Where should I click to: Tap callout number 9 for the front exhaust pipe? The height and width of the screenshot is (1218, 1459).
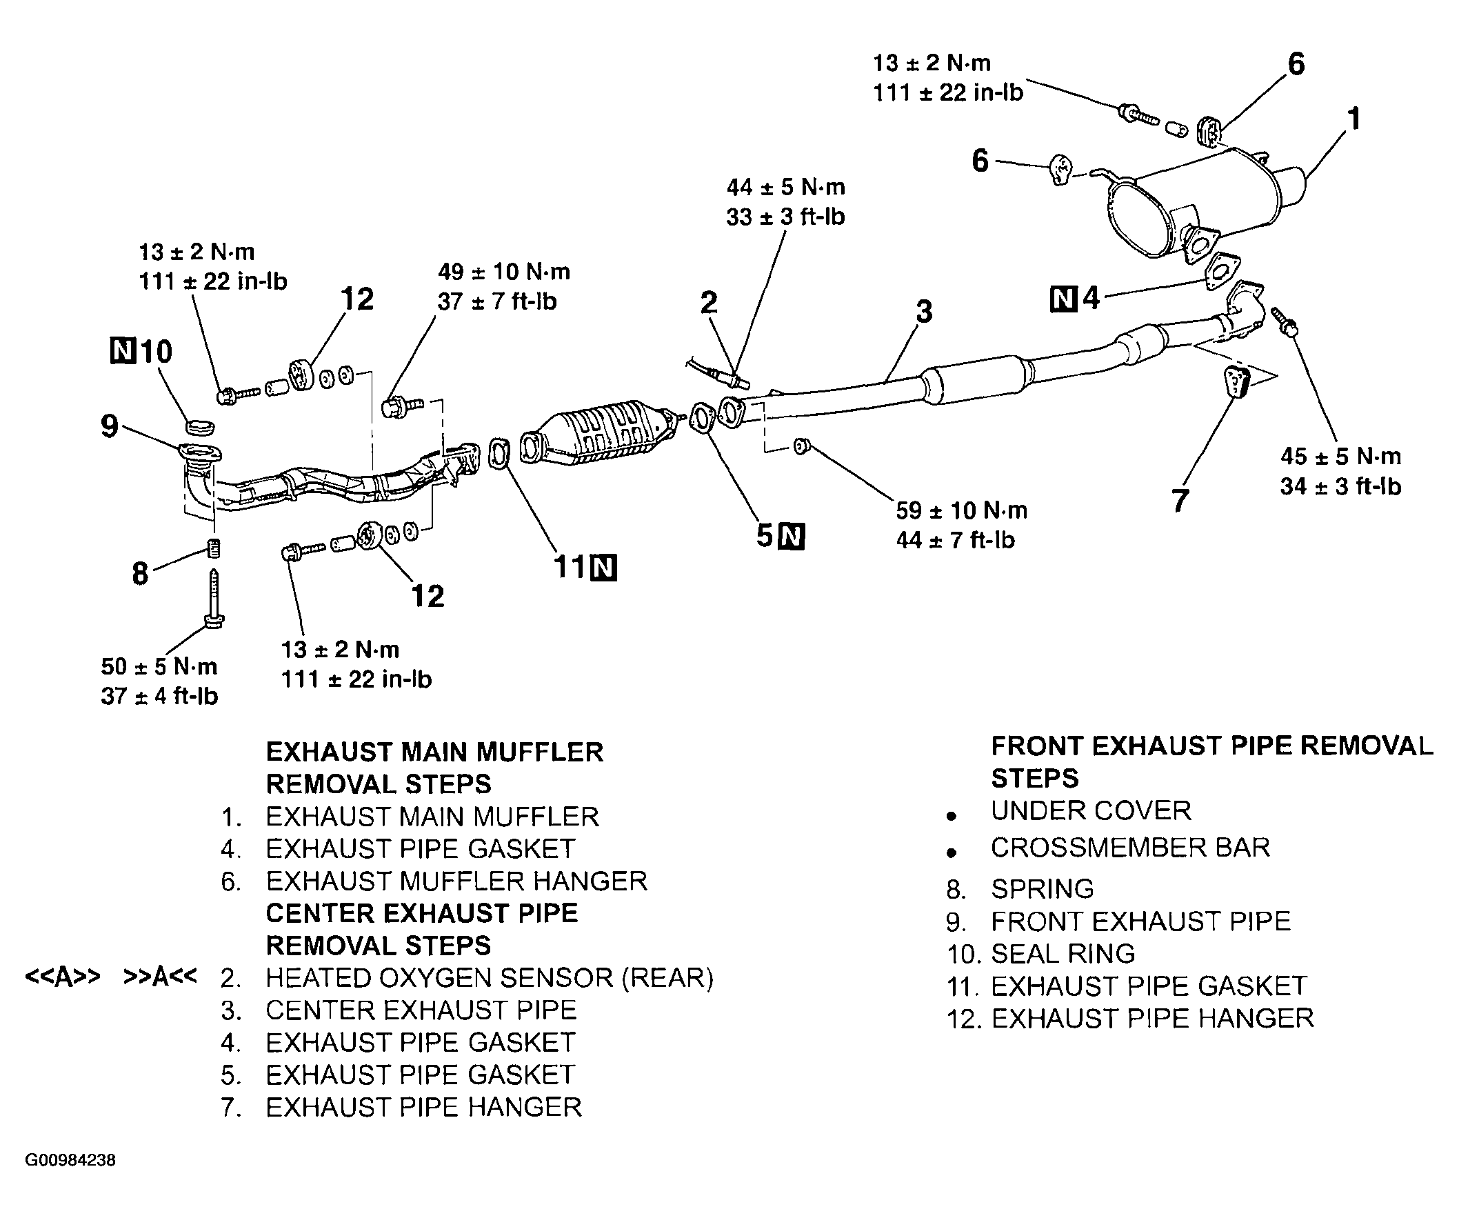click(x=110, y=426)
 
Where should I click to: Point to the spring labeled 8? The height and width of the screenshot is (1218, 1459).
click(x=214, y=548)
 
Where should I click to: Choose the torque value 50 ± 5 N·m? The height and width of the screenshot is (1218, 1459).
click(x=159, y=666)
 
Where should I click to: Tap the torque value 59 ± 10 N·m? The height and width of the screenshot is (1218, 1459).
click(x=962, y=510)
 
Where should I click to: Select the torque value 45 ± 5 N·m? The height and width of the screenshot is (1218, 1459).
click(x=1341, y=457)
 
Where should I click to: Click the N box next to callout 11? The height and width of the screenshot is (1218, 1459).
click(x=603, y=568)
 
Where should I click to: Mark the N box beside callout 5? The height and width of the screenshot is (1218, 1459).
click(x=792, y=537)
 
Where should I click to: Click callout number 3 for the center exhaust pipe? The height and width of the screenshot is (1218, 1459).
click(x=924, y=311)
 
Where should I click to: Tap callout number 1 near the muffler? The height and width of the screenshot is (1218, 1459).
click(x=1354, y=119)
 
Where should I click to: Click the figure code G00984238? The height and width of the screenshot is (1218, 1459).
click(x=70, y=1160)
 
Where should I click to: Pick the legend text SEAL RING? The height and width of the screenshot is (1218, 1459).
click(x=1063, y=954)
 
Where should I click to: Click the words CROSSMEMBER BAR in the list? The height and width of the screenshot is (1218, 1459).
click(x=1130, y=848)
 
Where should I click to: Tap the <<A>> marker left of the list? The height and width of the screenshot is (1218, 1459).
click(x=63, y=977)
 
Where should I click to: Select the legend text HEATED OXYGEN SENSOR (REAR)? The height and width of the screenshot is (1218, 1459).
click(x=490, y=977)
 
